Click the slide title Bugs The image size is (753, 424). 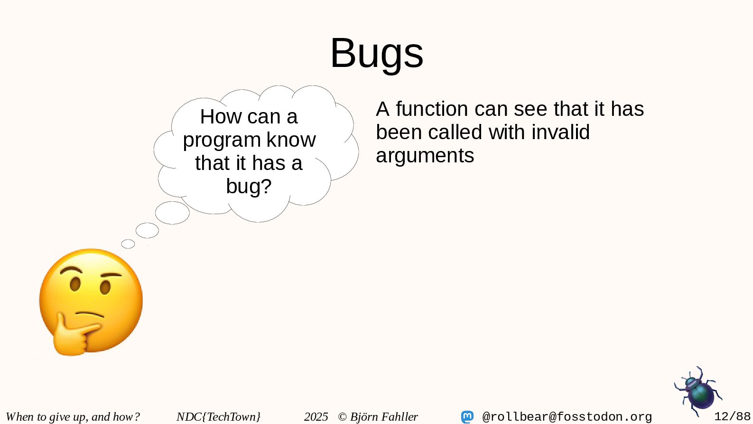pos(377,54)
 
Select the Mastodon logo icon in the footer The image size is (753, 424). pos(467,417)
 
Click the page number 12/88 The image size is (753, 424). pos(732,416)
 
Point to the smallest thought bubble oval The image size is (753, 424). pos(128,244)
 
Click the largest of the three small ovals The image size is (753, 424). pos(172,213)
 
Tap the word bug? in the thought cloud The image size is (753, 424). pos(249,186)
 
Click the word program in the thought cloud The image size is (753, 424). pos(222,140)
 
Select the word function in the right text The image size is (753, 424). pos(432,109)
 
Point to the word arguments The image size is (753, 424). pos(425,156)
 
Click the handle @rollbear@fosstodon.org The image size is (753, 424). pos(567,417)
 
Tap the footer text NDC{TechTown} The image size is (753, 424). pos(219,417)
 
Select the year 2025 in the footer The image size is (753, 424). pos(316,417)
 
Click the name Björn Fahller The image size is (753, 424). pos(384,417)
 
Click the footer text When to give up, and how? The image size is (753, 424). pos(73,417)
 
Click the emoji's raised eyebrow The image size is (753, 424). pos(71,270)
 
